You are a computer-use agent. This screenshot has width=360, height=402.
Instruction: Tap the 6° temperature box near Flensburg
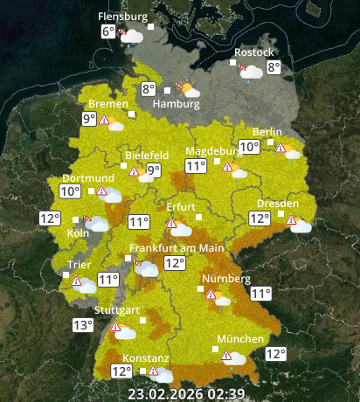tap(107, 32)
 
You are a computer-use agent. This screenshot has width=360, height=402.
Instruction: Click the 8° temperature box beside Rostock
tap(273, 67)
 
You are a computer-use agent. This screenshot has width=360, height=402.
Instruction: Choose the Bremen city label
tap(107, 104)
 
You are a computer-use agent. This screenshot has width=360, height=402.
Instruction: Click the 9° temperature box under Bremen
tap(89, 119)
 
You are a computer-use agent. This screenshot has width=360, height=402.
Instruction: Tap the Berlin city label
tap(267, 132)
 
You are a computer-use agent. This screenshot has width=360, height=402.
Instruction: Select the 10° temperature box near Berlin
tap(249, 147)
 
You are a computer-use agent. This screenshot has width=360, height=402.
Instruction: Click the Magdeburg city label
tap(212, 150)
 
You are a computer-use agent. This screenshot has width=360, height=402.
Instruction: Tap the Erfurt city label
tap(180, 207)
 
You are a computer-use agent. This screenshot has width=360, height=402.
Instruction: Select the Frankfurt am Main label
tap(177, 247)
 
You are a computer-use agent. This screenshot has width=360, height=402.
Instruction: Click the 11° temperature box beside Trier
tap(107, 280)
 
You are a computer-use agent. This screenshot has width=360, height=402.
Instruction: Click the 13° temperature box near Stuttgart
tap(83, 325)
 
